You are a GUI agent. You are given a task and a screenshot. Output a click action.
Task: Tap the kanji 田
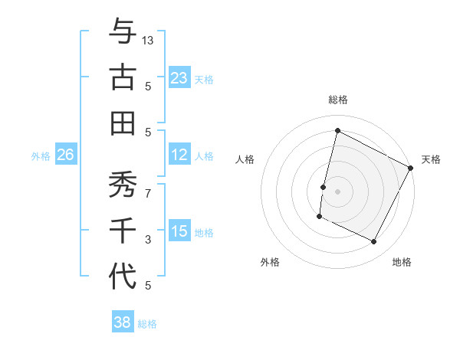(x=123, y=123)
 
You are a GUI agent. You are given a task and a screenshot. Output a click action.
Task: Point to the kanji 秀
(x=123, y=185)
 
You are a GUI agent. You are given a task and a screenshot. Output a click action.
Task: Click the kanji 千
(x=123, y=231)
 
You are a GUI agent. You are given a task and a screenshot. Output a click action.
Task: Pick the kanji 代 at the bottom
(x=123, y=277)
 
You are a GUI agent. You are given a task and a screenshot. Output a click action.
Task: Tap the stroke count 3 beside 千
(x=148, y=240)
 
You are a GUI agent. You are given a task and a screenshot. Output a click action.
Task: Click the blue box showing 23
(x=179, y=77)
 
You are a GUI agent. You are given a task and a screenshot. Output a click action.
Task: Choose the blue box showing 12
(x=179, y=155)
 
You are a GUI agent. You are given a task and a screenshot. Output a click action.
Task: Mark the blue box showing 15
(x=179, y=231)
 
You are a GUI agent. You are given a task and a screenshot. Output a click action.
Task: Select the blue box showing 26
(x=65, y=155)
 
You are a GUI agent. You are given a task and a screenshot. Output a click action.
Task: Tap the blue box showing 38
(x=122, y=322)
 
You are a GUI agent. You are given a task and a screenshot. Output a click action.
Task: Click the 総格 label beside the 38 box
(x=147, y=324)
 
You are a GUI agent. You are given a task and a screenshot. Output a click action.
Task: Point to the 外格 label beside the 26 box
(x=41, y=156)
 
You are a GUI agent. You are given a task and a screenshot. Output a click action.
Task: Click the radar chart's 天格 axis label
(x=431, y=159)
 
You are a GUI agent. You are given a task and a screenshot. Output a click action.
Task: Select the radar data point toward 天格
(x=410, y=168)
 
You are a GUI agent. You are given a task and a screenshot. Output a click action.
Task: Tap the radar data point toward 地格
(x=374, y=242)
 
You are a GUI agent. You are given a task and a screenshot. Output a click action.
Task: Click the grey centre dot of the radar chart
(x=337, y=191)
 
